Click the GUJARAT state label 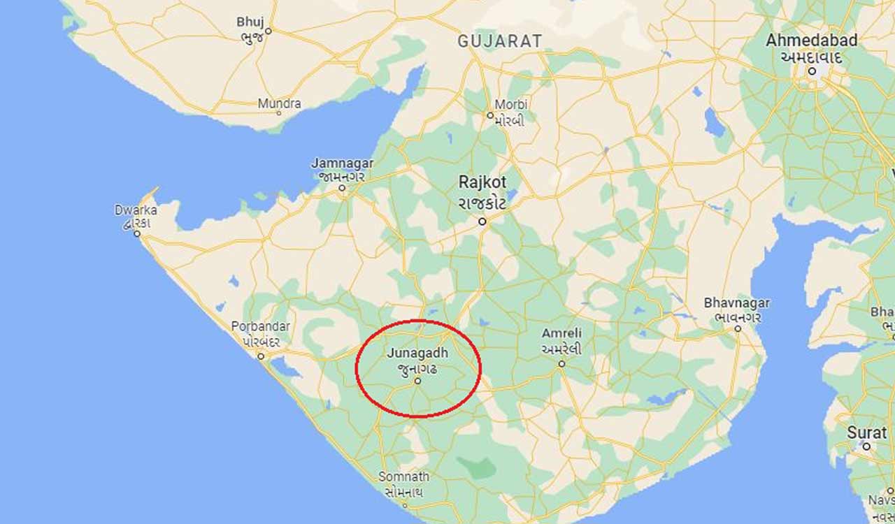click(x=499, y=41)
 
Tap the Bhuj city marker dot click(x=267, y=31)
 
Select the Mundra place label click(x=279, y=104)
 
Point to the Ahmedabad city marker click(x=812, y=71)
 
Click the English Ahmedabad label click(x=811, y=41)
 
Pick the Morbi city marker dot click(x=490, y=115)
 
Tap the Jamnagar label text click(x=342, y=163)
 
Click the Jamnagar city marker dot click(x=342, y=187)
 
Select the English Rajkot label click(x=482, y=182)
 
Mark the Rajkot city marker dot click(x=482, y=221)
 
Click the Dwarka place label click(x=136, y=210)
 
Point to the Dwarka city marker click(x=138, y=233)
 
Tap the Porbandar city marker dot click(x=261, y=356)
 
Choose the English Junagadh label click(x=417, y=354)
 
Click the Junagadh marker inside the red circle click(x=417, y=381)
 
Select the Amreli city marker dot click(x=561, y=364)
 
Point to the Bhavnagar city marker click(x=738, y=328)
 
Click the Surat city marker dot click(x=866, y=446)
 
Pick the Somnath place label click(x=403, y=476)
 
